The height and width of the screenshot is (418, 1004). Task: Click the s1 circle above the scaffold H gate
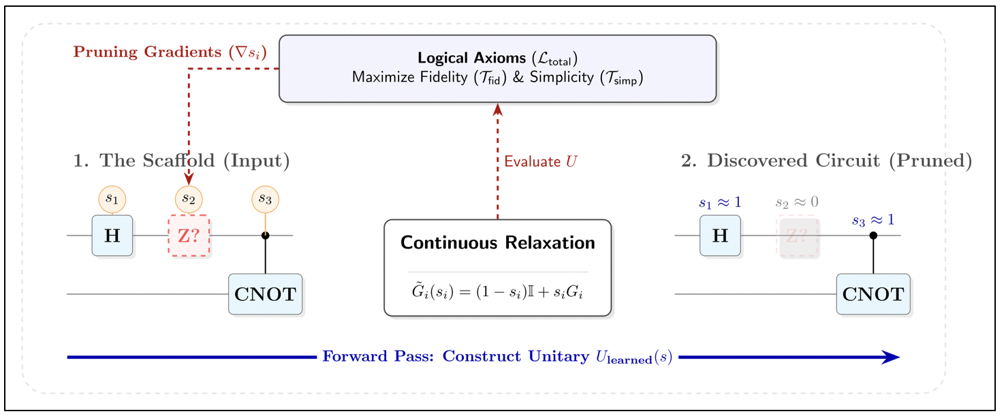pyautogui.click(x=112, y=199)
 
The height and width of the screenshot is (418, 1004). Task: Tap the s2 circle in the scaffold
pyautogui.click(x=189, y=199)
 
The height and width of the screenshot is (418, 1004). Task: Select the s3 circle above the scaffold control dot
pyautogui.click(x=265, y=199)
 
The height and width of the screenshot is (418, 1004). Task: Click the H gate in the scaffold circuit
pyautogui.click(x=112, y=236)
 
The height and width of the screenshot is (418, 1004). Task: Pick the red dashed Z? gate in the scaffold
pyautogui.click(x=189, y=236)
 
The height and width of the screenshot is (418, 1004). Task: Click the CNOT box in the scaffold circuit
pyautogui.click(x=265, y=294)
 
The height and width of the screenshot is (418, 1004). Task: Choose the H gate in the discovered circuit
pyautogui.click(x=720, y=236)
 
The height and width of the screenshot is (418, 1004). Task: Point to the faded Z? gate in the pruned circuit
pyautogui.click(x=797, y=236)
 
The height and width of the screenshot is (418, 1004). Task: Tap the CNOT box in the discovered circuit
pyautogui.click(x=873, y=294)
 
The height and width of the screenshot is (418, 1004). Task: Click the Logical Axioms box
pyautogui.click(x=498, y=69)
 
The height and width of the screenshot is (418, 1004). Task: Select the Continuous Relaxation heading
pyautogui.click(x=498, y=243)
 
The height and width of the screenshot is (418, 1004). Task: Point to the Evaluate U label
pyautogui.click(x=541, y=162)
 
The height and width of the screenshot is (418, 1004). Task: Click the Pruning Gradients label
pyautogui.click(x=170, y=52)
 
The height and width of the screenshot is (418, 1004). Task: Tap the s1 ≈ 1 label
pyautogui.click(x=720, y=202)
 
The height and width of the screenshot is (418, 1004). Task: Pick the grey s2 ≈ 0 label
pyautogui.click(x=797, y=202)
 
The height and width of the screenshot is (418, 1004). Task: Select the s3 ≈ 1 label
pyautogui.click(x=873, y=220)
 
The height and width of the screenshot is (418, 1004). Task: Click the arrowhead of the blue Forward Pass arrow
pyautogui.click(x=891, y=357)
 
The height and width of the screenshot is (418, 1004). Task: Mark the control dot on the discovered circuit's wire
pyautogui.click(x=873, y=236)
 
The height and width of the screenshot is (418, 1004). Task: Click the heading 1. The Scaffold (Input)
pyautogui.click(x=181, y=161)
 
